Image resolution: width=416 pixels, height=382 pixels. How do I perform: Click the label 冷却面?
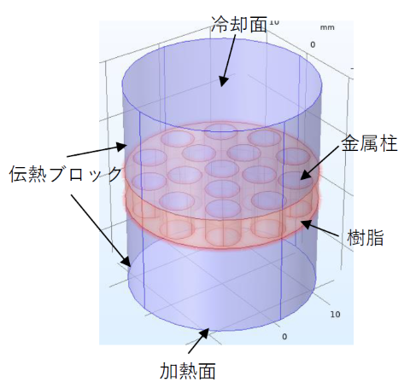pyautogui.click(x=239, y=24)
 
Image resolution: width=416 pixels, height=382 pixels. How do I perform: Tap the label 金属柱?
pyautogui.click(x=369, y=143)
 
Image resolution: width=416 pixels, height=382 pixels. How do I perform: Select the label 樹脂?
pyautogui.click(x=366, y=237)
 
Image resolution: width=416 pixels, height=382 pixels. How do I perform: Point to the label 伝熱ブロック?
pyautogui.click(x=66, y=174)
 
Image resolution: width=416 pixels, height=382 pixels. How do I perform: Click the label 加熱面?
pyautogui.click(x=187, y=371)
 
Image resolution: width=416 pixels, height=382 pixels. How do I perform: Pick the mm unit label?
pyautogui.click(x=327, y=27)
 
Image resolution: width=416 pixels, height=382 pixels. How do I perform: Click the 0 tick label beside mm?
pyautogui.click(x=313, y=44)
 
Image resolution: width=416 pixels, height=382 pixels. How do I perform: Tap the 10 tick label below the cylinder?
pyautogui.click(x=335, y=314)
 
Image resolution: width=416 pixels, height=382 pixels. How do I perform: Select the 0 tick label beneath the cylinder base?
pyautogui.click(x=284, y=337)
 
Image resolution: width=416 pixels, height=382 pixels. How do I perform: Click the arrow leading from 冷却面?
pyautogui.click(x=228, y=61)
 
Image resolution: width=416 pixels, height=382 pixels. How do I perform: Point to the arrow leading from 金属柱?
pyautogui.click(x=320, y=163)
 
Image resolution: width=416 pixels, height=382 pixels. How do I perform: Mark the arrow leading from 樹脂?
pyautogui.click(x=319, y=229)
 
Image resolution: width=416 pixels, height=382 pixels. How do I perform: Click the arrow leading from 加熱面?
pyautogui.click(x=199, y=341)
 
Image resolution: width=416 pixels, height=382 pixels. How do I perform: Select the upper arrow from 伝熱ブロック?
pyautogui.click(x=97, y=151)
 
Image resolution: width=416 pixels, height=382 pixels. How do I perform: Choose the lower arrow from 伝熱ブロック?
pyautogui.click(x=101, y=230)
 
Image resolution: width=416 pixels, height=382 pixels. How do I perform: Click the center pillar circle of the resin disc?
pyautogui.click(x=222, y=169)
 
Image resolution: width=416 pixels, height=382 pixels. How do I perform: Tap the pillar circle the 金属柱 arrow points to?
pyautogui.click(x=294, y=180)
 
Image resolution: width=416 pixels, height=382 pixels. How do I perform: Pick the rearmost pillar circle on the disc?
pyautogui.click(x=221, y=131)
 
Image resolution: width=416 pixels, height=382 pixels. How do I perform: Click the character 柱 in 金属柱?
pyautogui.click(x=388, y=143)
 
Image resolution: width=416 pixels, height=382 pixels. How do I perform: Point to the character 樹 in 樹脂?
pyautogui.click(x=356, y=237)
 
